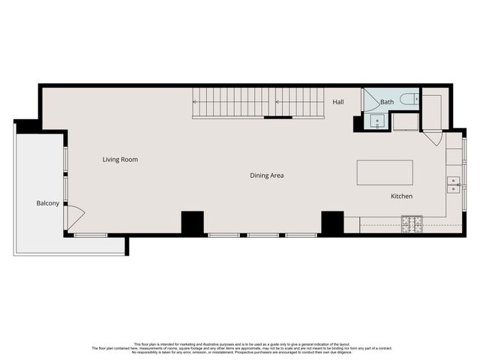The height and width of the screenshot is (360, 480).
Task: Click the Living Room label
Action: (120, 160)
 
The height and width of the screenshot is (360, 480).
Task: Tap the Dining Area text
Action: (267, 175)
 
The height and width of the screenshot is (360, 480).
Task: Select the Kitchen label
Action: (401, 196)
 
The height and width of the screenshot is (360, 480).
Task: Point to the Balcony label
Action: (48, 203)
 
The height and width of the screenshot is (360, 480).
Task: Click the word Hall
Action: (338, 102)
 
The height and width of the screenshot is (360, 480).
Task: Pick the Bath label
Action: (387, 102)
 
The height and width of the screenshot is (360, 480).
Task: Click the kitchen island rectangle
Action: (385, 172)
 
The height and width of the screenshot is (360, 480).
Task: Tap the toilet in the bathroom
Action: (409, 98)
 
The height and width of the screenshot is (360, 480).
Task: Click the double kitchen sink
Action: (454, 184)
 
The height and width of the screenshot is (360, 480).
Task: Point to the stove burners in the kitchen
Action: (412, 222)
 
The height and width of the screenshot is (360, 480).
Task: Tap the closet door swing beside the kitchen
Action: (433, 138)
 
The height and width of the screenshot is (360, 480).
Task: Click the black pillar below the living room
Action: (193, 223)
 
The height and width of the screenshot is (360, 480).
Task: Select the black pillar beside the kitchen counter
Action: (332, 223)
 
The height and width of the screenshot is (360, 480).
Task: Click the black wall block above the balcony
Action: (28, 126)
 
